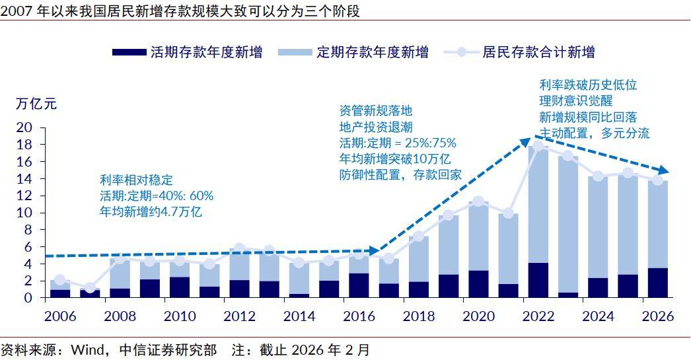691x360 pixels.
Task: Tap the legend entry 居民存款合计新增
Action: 538,52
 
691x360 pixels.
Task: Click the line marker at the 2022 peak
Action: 539,146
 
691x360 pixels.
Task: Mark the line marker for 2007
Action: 91,288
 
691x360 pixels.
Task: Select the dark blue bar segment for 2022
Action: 539,280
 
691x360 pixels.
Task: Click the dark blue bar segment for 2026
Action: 657,283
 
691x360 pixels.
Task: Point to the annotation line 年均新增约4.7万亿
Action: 151,212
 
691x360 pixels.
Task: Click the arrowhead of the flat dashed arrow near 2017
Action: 375,251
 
